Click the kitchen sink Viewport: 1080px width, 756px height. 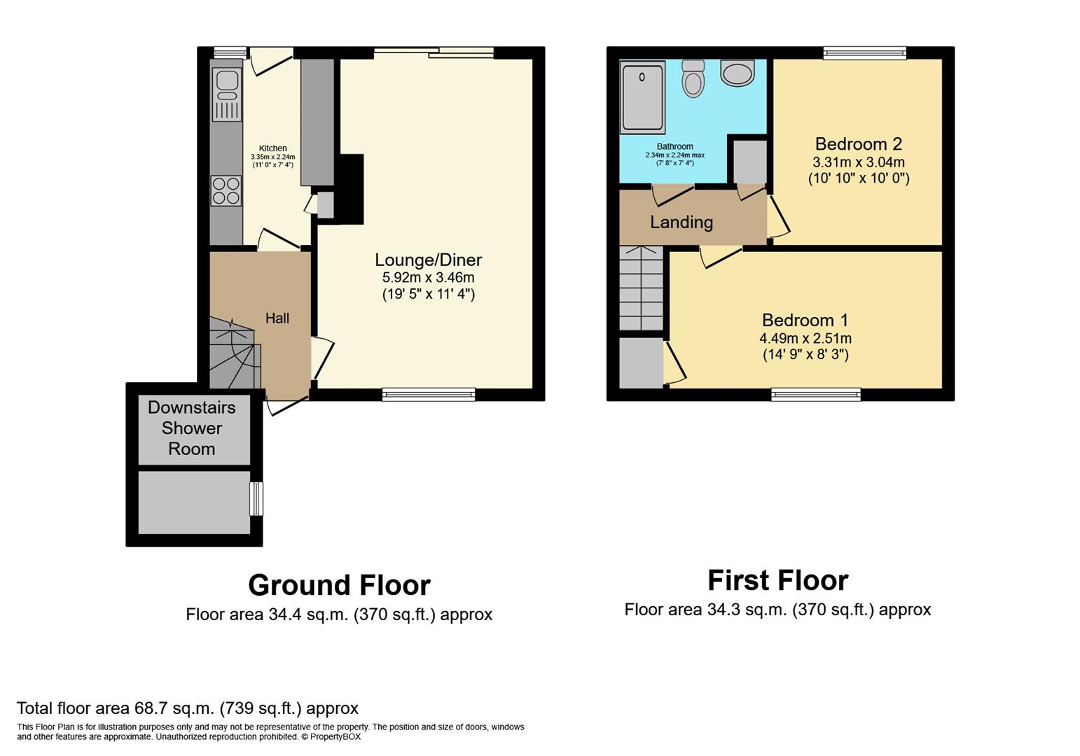(226, 94)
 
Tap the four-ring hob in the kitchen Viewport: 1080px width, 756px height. (226, 190)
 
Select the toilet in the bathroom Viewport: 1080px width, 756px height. (693, 78)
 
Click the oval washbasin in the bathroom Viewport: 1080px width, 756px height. (737, 73)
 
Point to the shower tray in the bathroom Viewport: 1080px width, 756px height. (642, 97)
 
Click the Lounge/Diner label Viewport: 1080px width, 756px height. (428, 260)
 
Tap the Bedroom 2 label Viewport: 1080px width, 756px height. (858, 144)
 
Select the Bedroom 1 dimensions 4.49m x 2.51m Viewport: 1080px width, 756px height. (805, 338)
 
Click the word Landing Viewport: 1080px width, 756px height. (681, 223)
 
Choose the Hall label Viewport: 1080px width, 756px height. (277, 318)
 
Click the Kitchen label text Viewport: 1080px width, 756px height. (272, 148)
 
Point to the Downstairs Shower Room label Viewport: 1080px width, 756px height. (191, 428)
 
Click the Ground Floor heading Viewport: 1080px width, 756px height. (339, 585)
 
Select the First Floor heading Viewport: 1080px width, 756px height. (777, 580)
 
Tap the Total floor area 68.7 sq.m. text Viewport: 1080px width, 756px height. (187, 708)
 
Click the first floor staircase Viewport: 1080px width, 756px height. (641, 288)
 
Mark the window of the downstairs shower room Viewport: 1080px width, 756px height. (257, 498)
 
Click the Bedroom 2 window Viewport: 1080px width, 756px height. (864, 52)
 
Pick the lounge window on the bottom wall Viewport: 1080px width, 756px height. (429, 395)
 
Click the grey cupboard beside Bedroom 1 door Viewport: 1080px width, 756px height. (641, 362)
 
